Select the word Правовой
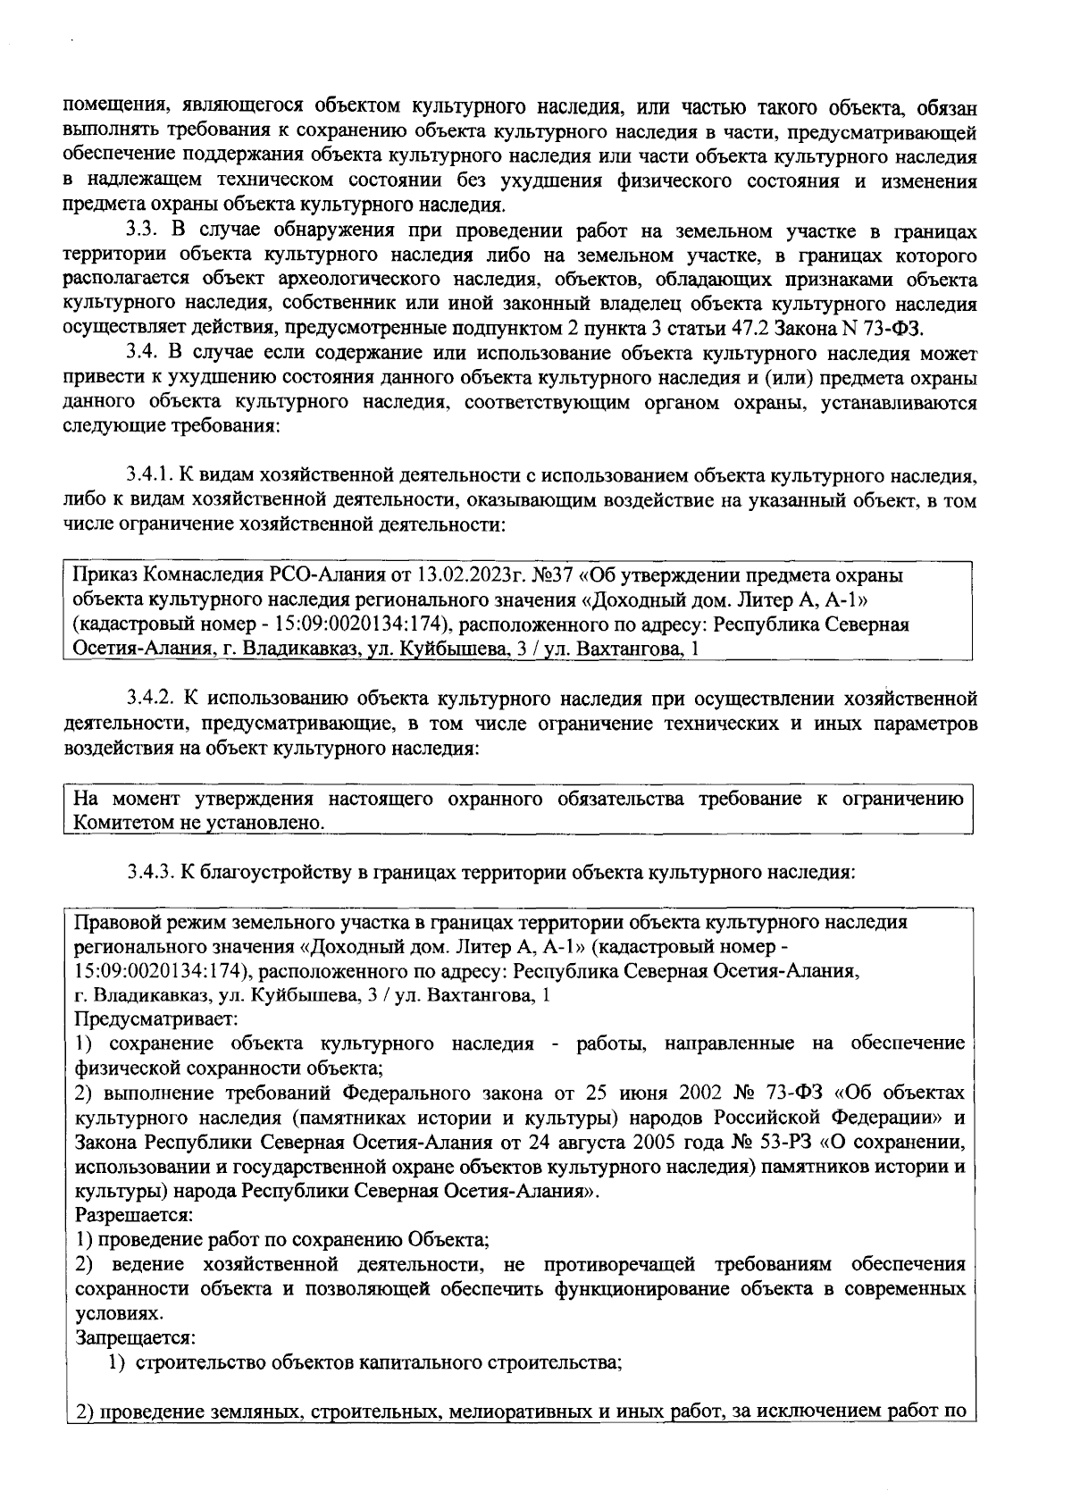113,922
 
